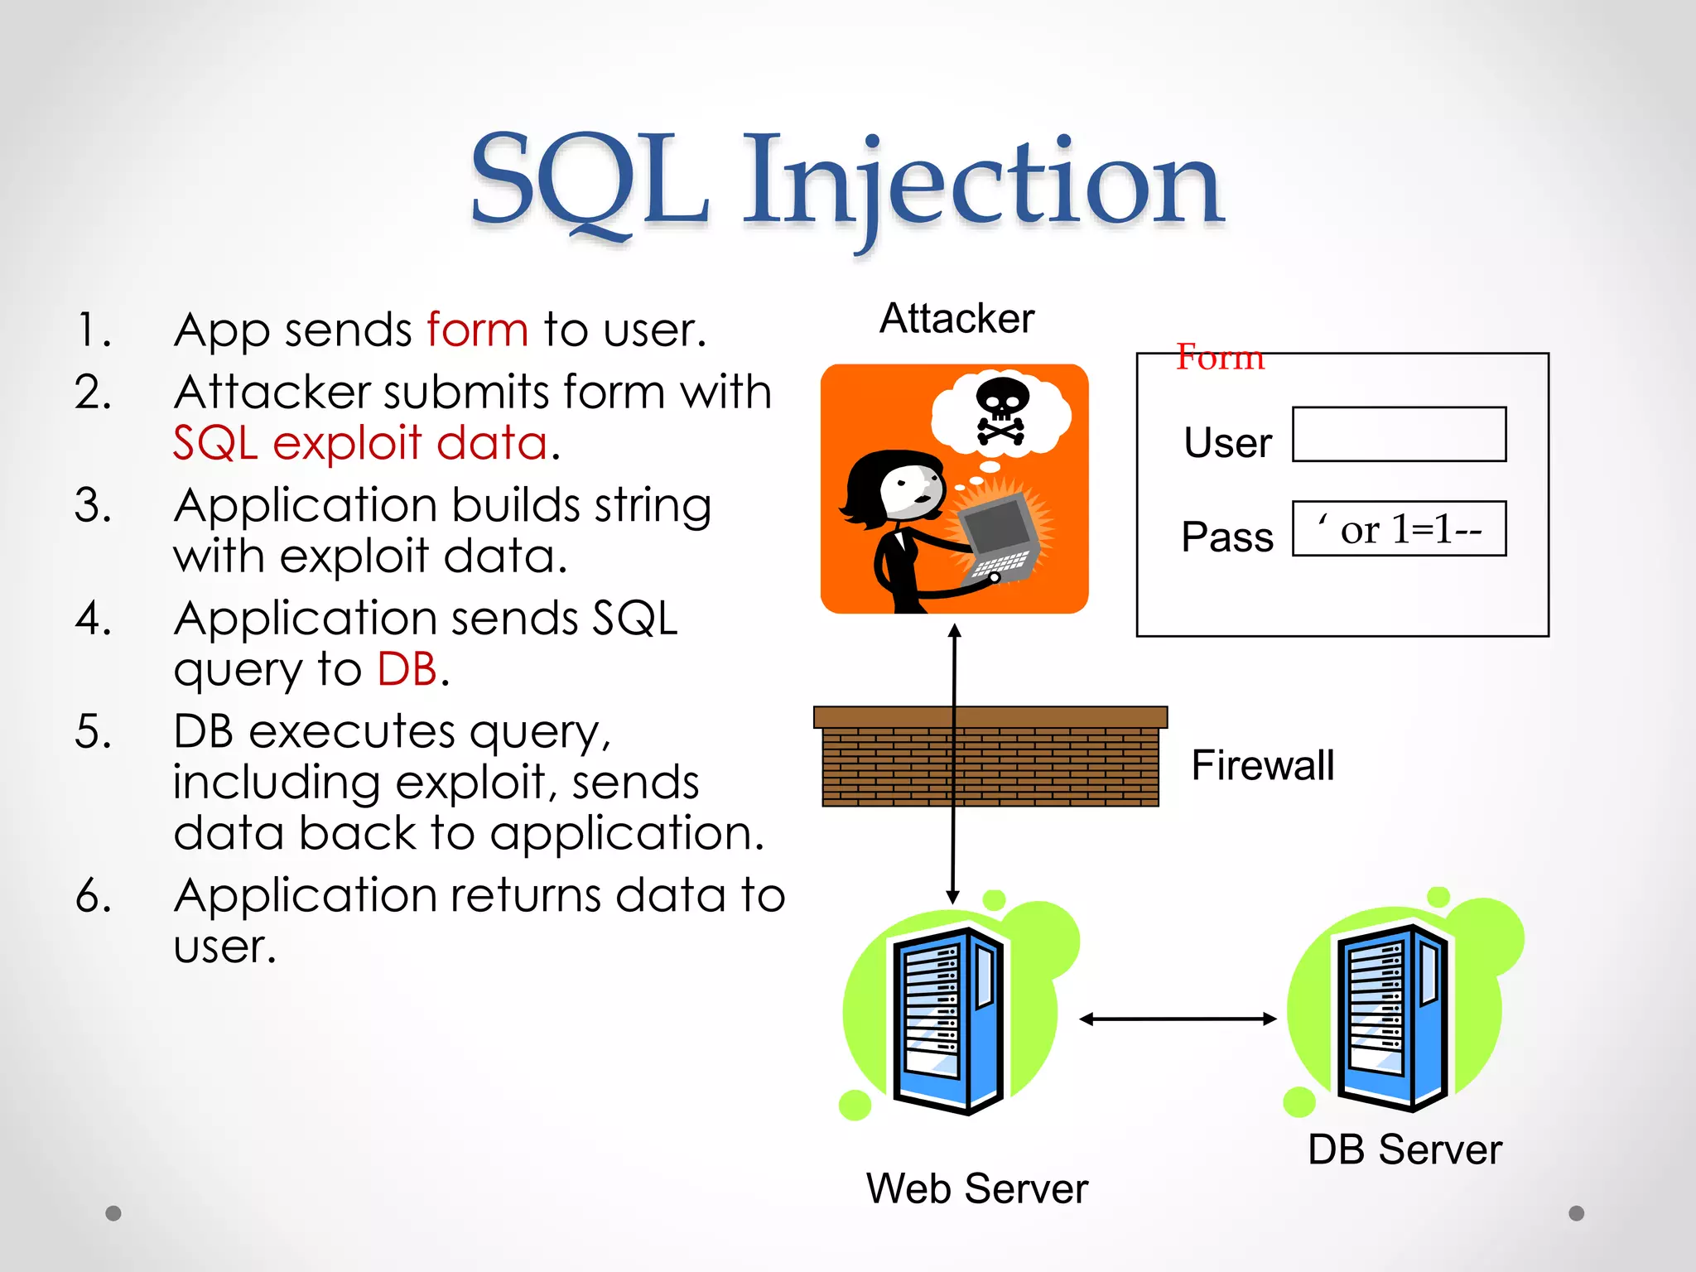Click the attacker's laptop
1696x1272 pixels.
pos(998,538)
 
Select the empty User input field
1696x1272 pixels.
pos(1399,434)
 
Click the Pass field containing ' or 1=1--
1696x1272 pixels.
pos(1399,528)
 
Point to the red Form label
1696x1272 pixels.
pos(1220,357)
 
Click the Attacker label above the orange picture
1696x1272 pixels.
pos(956,319)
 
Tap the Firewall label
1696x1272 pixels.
pos(1262,765)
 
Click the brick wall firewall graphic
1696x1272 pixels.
pos(990,757)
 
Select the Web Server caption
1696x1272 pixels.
pos(976,1188)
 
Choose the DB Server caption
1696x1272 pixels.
pos(1404,1149)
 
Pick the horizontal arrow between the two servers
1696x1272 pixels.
pos(1178,1019)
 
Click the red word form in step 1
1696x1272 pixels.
pos(477,330)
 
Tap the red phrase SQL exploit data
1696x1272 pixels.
pos(360,443)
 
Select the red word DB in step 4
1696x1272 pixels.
pos(407,669)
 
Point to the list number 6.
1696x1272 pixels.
pos(94,896)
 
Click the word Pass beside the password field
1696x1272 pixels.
pos(1227,537)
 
